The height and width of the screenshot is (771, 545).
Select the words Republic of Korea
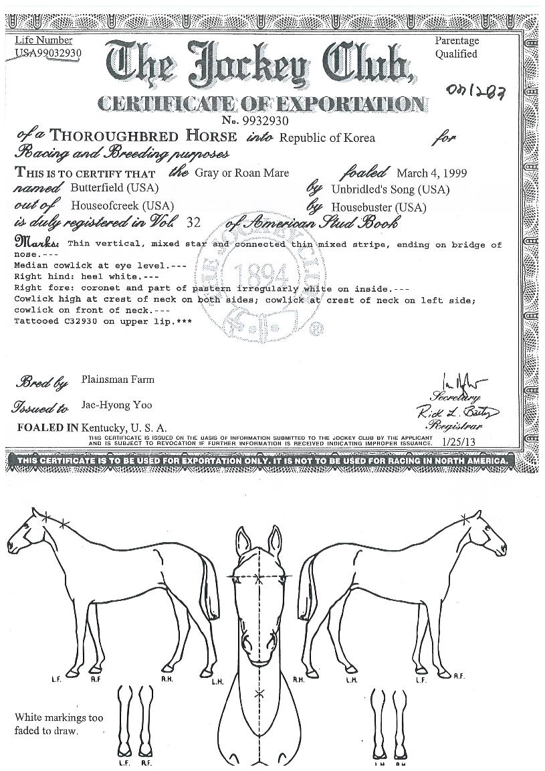[x=327, y=138]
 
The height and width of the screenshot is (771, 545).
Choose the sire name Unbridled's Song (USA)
[x=390, y=189]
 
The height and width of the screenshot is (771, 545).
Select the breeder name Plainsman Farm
[x=118, y=379]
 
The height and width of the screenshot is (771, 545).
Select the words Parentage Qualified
[x=457, y=48]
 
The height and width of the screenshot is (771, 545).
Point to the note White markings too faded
[x=59, y=724]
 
